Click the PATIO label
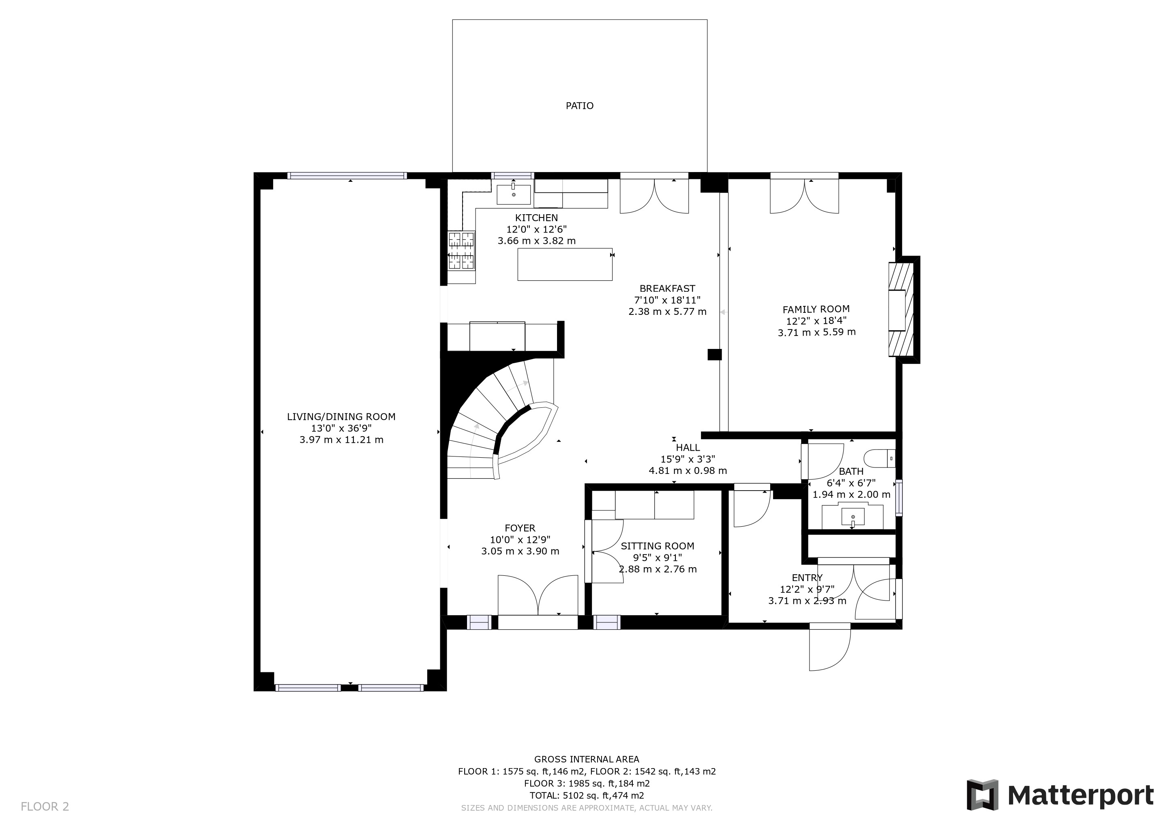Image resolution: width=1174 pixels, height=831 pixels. click(x=579, y=106)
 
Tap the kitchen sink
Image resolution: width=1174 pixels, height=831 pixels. click(x=513, y=194)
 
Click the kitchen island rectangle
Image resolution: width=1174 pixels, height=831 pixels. click(x=565, y=264)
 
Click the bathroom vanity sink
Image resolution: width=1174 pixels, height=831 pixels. click(x=853, y=517)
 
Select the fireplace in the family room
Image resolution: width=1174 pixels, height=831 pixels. click(x=901, y=310)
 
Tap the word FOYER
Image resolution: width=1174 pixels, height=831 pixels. click(x=520, y=528)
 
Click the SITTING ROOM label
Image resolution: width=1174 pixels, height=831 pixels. click(x=658, y=546)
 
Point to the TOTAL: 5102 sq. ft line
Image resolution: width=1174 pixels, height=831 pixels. click(x=587, y=796)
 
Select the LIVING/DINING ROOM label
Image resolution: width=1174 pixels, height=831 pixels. click(x=341, y=417)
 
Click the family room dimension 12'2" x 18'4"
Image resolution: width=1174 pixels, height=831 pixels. click(x=816, y=321)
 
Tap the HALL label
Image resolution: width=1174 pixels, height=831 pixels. click(x=688, y=448)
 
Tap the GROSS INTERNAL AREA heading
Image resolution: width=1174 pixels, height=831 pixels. click(x=587, y=759)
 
